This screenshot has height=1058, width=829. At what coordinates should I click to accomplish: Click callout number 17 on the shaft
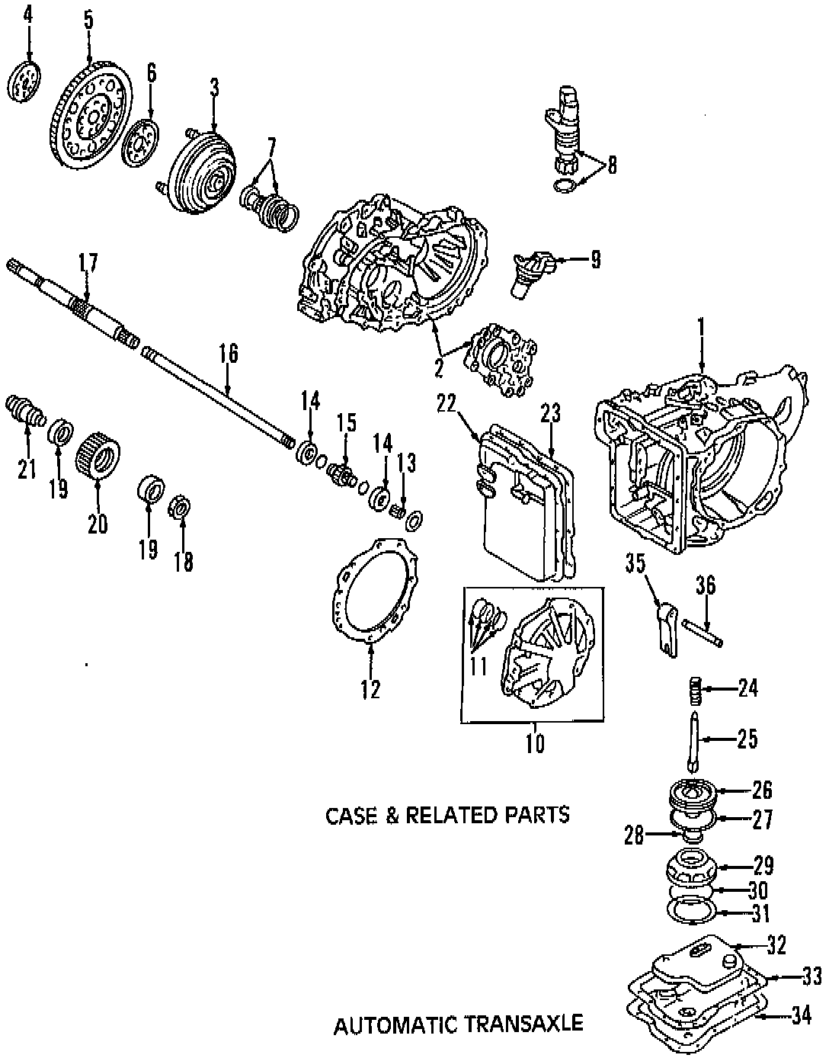pos(88,264)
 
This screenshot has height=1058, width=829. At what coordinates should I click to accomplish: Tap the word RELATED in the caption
pos(450,815)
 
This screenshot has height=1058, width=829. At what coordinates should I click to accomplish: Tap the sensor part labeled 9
pos(527,273)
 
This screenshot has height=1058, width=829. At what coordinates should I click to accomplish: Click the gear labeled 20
pos(98,454)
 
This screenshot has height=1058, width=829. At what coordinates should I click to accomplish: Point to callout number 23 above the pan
pos(550,414)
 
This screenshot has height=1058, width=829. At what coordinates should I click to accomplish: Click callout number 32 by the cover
pos(776,945)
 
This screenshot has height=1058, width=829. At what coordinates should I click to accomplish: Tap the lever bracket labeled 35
pos(665,626)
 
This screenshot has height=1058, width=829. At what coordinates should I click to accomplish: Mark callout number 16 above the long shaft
pos(228,354)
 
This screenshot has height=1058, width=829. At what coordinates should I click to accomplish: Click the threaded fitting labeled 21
pos(26,412)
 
